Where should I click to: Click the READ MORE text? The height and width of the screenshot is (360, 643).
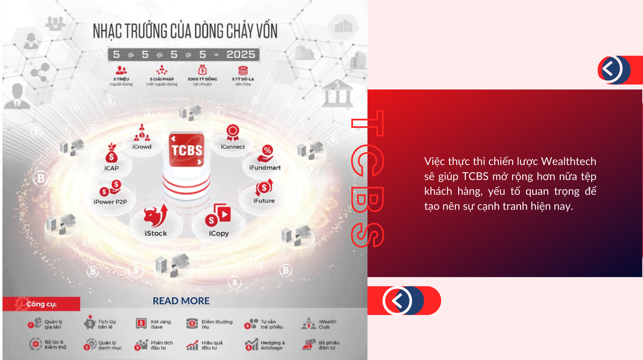tap(181, 301)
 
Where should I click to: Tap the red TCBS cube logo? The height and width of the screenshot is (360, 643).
tap(186, 150)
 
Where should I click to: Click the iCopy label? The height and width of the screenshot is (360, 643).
tap(219, 233)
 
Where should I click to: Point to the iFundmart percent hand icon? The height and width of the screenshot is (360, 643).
tap(266, 153)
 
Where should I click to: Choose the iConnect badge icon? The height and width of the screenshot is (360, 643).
tap(233, 132)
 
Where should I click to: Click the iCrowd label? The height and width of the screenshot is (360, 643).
tap(142, 147)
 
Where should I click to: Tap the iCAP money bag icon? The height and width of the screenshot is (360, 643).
tap(112, 153)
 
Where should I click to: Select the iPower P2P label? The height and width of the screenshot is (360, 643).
tap(110, 202)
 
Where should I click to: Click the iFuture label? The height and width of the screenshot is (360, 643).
tap(264, 201)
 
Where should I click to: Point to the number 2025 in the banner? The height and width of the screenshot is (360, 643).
tap(241, 54)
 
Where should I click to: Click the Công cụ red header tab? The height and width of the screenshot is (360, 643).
tap(41, 304)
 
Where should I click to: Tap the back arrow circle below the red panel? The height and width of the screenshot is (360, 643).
tap(398, 300)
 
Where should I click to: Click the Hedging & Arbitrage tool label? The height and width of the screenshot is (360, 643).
tap(273, 345)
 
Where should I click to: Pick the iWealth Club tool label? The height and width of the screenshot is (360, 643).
tap(327, 324)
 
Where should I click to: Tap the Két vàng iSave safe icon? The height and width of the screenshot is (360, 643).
tap(141, 324)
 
